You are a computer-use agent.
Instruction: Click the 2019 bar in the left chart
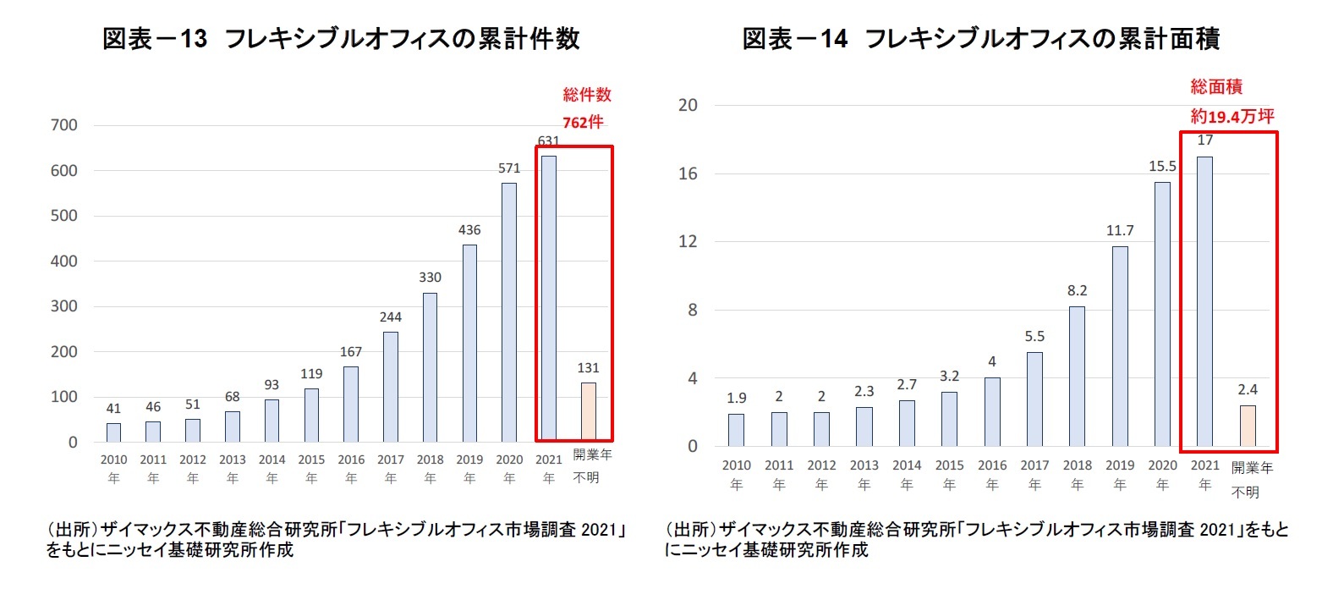point(469,343)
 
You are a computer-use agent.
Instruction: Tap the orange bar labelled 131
point(588,411)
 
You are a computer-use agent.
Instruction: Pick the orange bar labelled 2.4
point(1248,426)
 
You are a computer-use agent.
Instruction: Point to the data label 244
point(390,317)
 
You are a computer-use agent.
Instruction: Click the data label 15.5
point(1162,167)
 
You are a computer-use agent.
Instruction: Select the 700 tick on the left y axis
point(63,125)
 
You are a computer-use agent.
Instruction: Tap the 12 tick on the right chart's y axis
point(688,242)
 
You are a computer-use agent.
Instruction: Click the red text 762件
point(583,123)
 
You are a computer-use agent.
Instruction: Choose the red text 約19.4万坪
point(1232,117)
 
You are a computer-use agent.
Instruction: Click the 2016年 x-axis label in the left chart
point(351,469)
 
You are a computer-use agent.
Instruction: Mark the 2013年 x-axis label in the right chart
point(864,475)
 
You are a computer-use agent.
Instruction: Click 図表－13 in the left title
point(155,39)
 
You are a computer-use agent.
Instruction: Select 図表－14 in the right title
point(794,39)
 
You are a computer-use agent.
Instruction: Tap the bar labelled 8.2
point(1077,376)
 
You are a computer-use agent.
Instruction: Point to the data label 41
point(113,409)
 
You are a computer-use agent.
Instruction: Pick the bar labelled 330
point(430,367)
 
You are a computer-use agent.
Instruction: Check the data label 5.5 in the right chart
point(1034,337)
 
